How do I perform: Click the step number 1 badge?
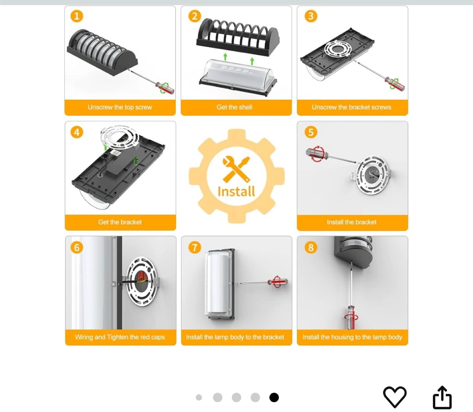point(77,16)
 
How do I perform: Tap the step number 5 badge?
point(311,132)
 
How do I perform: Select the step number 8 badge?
point(311,247)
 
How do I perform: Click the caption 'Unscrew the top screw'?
point(120,107)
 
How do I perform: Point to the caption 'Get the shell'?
point(234,107)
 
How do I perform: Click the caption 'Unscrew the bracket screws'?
point(351,107)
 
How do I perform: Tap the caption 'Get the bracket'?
point(120,222)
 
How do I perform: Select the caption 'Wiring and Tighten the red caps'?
point(120,337)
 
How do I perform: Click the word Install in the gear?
point(236,192)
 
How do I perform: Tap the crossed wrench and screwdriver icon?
point(236,169)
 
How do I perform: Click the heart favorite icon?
point(394,397)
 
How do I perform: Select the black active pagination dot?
point(274,398)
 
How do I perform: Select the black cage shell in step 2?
point(238,38)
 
